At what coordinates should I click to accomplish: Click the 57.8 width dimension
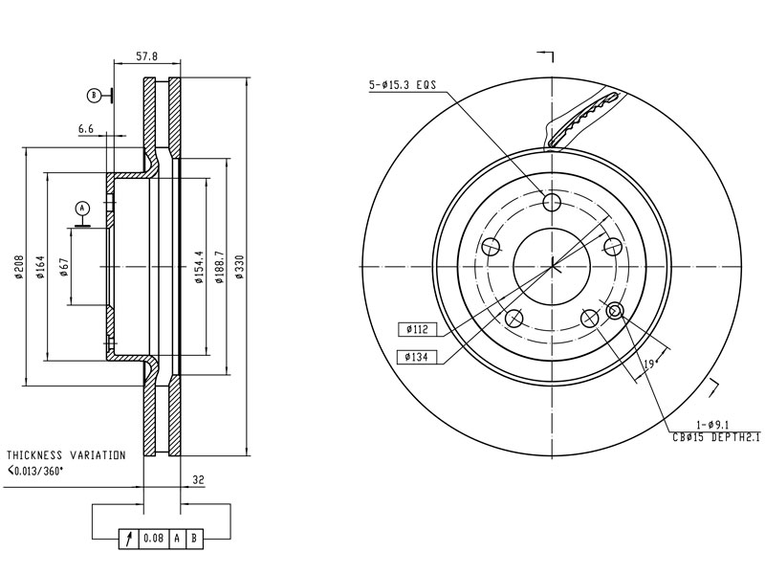click(x=147, y=56)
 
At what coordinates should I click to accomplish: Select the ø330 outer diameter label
click(x=239, y=267)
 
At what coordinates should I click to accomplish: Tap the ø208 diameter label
click(x=19, y=267)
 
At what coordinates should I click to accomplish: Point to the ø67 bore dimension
click(x=64, y=267)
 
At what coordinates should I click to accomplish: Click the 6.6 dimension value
click(x=86, y=129)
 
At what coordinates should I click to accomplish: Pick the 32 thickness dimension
click(x=198, y=480)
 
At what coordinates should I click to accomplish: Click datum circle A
click(x=82, y=209)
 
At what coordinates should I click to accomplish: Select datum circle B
click(x=94, y=95)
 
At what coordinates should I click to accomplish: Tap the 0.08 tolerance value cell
click(x=153, y=539)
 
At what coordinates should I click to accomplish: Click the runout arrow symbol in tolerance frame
click(x=129, y=539)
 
